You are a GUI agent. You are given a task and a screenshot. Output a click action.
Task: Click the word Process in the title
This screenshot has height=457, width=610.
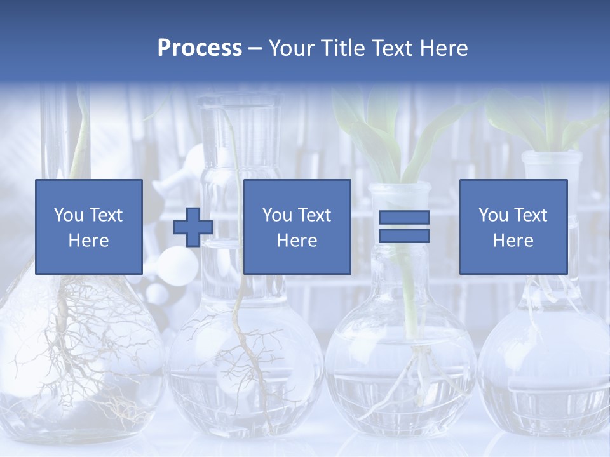[200, 48]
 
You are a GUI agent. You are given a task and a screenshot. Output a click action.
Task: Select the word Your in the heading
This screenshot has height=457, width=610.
[292, 48]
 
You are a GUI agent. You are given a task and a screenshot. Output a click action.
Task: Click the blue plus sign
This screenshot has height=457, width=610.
[193, 227]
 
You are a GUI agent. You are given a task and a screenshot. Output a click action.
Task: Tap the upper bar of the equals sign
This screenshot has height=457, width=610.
[404, 217]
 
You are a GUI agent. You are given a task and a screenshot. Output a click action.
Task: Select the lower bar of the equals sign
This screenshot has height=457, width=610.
[404, 236]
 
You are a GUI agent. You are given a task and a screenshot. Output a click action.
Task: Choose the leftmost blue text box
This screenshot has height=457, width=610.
[88, 227]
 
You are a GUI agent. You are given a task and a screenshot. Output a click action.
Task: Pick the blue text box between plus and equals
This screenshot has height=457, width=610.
[297, 227]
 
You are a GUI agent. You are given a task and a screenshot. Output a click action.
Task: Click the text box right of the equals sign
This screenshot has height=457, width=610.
[513, 227]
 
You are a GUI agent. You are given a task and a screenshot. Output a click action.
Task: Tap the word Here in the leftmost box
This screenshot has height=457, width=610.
[88, 241]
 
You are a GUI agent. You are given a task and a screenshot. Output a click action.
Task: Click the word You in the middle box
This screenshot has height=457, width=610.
[277, 215]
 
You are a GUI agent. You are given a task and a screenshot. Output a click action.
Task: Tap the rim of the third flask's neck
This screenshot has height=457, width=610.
[400, 188]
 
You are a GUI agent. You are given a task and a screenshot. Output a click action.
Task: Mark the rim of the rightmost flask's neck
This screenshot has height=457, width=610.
[552, 156]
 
